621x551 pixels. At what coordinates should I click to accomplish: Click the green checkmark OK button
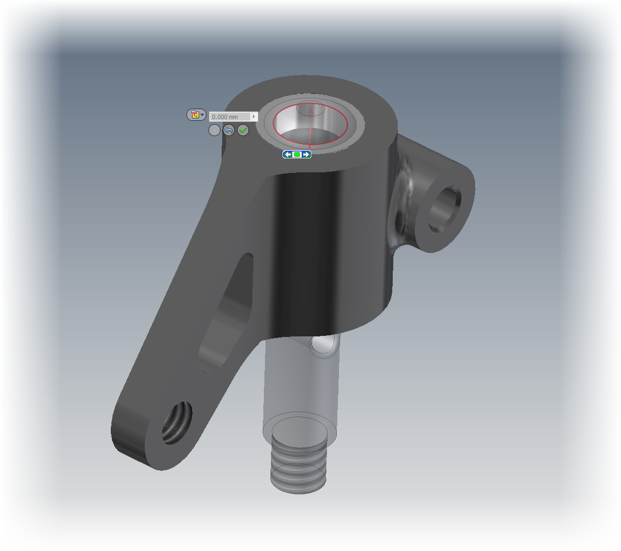tap(243, 130)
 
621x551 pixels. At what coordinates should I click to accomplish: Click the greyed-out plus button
tap(214, 130)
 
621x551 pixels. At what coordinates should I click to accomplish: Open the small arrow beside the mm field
tap(253, 117)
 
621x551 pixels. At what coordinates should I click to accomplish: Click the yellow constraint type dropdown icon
tap(195, 115)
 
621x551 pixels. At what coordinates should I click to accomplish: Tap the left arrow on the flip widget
tap(287, 155)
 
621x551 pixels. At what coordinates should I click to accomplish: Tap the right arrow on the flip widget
tap(306, 155)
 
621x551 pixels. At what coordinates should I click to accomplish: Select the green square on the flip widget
tap(297, 155)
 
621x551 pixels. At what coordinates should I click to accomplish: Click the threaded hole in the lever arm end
tap(177, 421)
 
